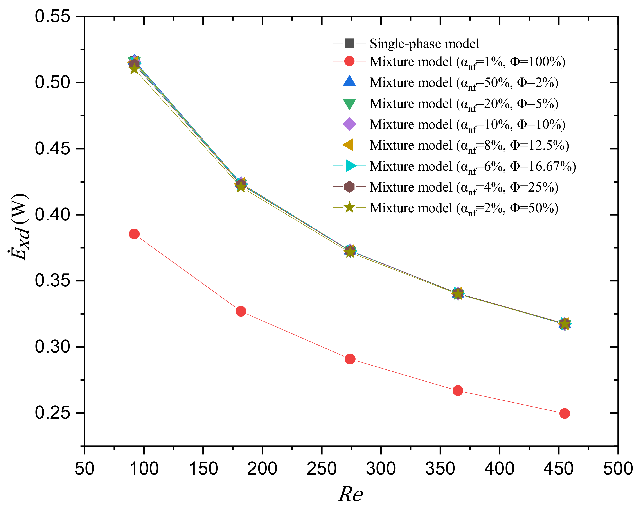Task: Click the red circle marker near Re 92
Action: [134, 234]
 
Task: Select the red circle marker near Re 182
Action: [241, 311]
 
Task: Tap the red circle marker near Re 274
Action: [350, 359]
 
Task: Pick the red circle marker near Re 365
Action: [458, 391]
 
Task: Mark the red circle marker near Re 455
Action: [564, 413]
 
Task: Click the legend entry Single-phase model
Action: [424, 44]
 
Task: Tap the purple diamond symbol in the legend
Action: [349, 124]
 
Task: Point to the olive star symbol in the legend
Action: [349, 208]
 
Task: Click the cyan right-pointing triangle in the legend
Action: [351, 166]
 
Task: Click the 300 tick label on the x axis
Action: [381, 469]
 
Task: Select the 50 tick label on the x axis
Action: [84, 469]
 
